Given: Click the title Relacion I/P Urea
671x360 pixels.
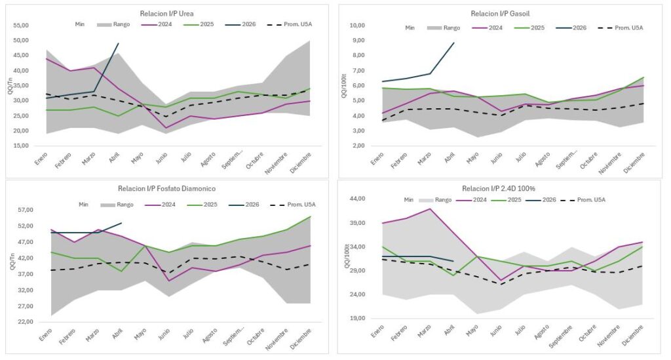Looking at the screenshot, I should (166, 13).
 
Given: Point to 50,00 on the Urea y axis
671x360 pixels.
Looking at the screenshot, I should (21, 41).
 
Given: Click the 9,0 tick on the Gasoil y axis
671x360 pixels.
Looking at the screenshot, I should (357, 40).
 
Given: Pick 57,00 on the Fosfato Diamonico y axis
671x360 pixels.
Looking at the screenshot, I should (25, 210).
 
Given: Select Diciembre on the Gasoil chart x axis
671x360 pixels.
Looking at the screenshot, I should (633, 158).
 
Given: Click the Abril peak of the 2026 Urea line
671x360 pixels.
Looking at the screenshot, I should (118, 43).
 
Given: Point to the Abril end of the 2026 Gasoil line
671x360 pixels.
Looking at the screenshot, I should (454, 43).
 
